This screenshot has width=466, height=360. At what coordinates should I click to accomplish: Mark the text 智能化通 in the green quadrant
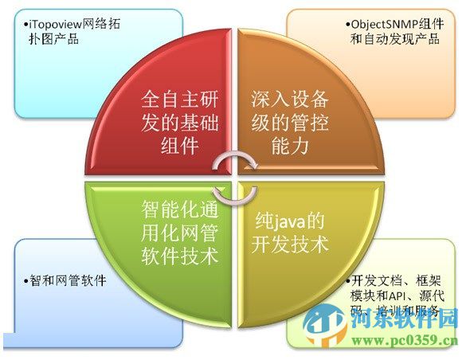click(180, 209)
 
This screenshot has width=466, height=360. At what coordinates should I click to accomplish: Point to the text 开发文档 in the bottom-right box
click(379, 281)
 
